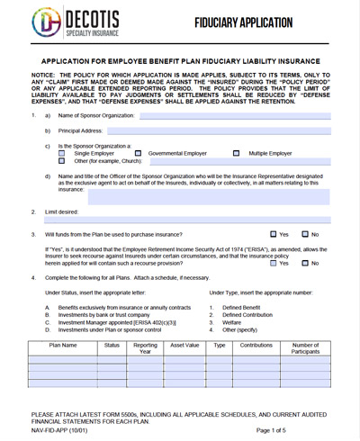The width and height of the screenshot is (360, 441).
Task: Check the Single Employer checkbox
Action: pos(62,153)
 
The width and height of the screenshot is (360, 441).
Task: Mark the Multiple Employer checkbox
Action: pos(238,153)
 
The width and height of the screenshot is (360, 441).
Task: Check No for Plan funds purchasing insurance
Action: pos(305,234)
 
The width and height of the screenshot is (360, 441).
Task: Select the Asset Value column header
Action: pos(184,345)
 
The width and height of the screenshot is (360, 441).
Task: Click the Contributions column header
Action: pos(256,345)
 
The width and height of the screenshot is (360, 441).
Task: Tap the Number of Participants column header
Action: pos(306,348)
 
